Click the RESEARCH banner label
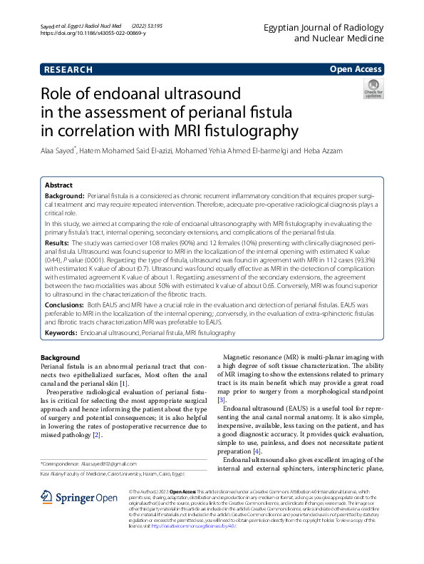pyautogui.click(x=68, y=69)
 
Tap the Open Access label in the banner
pyautogui.click(x=355, y=69)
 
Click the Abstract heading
pyautogui.click(x=59, y=184)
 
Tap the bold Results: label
pyautogui.click(x=58, y=243)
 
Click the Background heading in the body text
pyautogui.click(x=60, y=357)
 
